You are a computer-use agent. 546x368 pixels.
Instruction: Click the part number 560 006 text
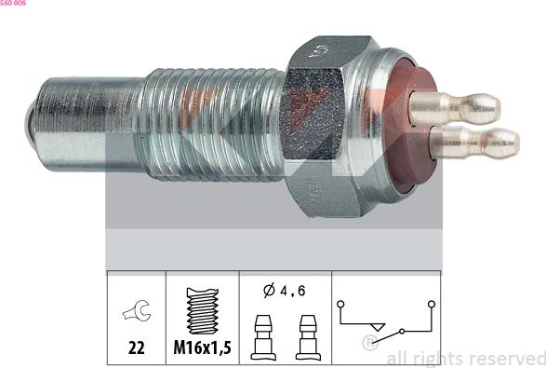tap(13, 3)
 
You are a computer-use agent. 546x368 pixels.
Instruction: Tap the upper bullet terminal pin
tap(455, 108)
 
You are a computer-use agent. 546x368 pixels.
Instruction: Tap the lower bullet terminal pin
tap(474, 143)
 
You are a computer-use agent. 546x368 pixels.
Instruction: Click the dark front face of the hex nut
tap(313, 113)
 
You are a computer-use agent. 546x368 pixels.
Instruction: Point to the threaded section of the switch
tap(214, 125)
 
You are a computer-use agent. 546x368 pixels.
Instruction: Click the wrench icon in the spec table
tap(137, 310)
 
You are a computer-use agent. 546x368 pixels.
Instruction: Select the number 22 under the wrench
tap(136, 348)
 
